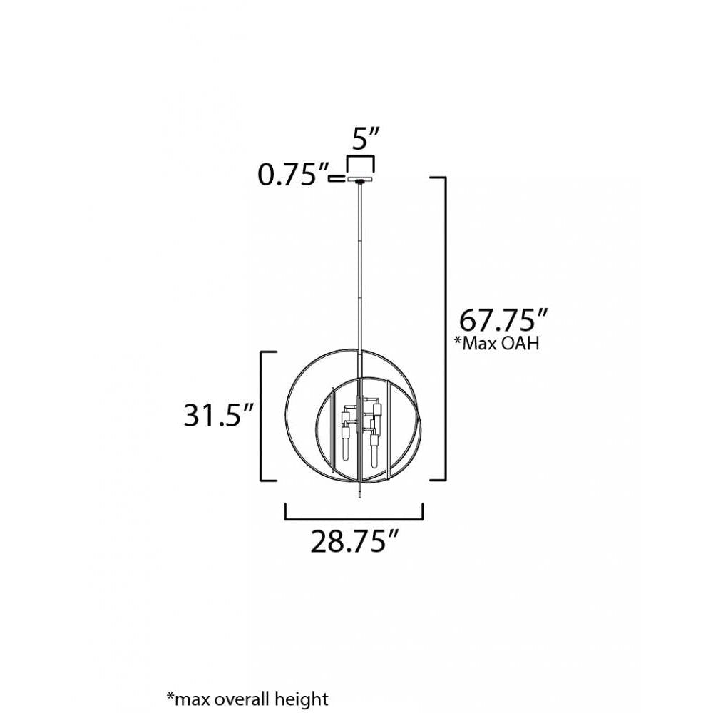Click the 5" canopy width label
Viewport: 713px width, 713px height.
(x=366, y=138)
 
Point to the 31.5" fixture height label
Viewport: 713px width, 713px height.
(x=217, y=415)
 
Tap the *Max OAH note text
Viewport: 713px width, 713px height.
(x=497, y=343)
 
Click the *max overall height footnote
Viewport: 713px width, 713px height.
(x=247, y=698)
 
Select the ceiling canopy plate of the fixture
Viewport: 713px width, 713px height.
(x=361, y=180)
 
